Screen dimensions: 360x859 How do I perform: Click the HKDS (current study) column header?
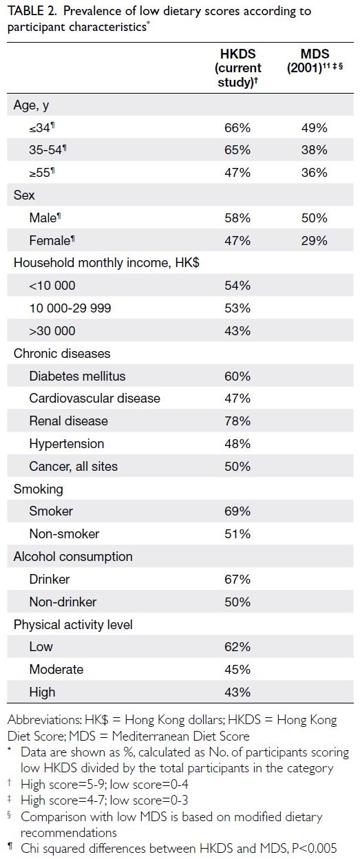(x=237, y=68)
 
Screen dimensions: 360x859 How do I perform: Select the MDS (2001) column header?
(x=315, y=61)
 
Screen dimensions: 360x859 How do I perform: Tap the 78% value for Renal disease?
(x=237, y=421)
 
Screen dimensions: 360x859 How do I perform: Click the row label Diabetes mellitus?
(x=77, y=376)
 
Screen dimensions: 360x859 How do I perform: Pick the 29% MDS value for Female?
(x=314, y=241)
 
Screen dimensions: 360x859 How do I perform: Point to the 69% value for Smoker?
(x=237, y=511)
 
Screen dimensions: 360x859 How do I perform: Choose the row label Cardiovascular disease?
(x=95, y=399)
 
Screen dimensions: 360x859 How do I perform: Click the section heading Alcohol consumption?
(x=73, y=556)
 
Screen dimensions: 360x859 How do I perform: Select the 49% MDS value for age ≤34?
(x=314, y=128)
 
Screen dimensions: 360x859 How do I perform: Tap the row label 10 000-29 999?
(x=70, y=308)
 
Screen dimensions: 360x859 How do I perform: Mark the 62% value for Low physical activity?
(x=237, y=647)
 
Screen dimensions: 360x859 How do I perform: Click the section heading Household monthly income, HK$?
(x=107, y=263)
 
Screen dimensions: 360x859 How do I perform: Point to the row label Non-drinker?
(x=63, y=602)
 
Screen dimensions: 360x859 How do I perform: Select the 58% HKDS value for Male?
(x=237, y=218)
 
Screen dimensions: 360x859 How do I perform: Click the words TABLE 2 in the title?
(x=32, y=11)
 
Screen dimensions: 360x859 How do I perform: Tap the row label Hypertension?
(x=67, y=444)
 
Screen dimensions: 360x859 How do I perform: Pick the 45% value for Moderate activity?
(x=237, y=670)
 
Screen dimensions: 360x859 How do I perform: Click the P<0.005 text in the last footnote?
(x=315, y=848)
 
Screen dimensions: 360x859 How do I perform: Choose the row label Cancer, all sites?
(x=74, y=466)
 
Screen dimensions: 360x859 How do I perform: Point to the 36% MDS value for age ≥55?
(x=314, y=173)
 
